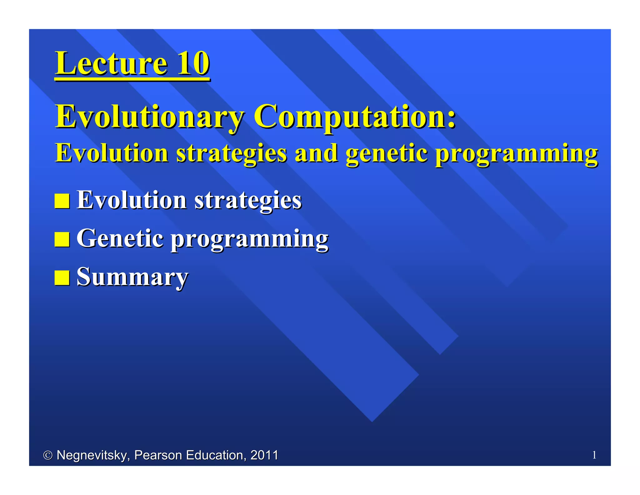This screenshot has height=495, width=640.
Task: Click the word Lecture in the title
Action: click(111, 64)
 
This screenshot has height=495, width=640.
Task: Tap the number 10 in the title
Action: click(193, 64)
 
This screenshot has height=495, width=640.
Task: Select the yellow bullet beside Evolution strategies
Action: click(62, 201)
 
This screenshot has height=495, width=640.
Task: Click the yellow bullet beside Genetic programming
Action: click(62, 239)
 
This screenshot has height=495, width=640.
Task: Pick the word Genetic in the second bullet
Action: click(120, 238)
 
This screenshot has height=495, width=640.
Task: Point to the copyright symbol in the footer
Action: click(48, 455)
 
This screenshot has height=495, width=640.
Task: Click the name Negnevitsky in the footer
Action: click(93, 456)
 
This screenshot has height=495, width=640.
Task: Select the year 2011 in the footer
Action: click(264, 455)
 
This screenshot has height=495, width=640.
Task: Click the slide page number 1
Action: click(594, 455)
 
